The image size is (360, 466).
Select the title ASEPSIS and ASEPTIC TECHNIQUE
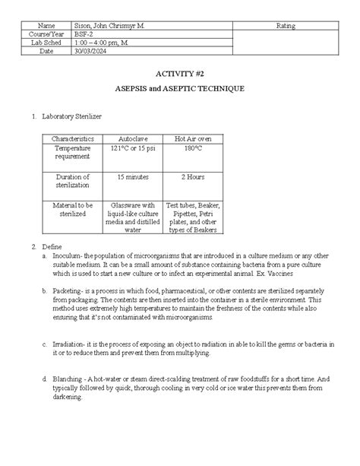pos(180,90)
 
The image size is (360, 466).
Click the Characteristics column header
pos(71,139)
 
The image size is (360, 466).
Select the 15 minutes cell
pos(133,176)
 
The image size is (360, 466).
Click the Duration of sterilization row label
pos(71,181)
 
